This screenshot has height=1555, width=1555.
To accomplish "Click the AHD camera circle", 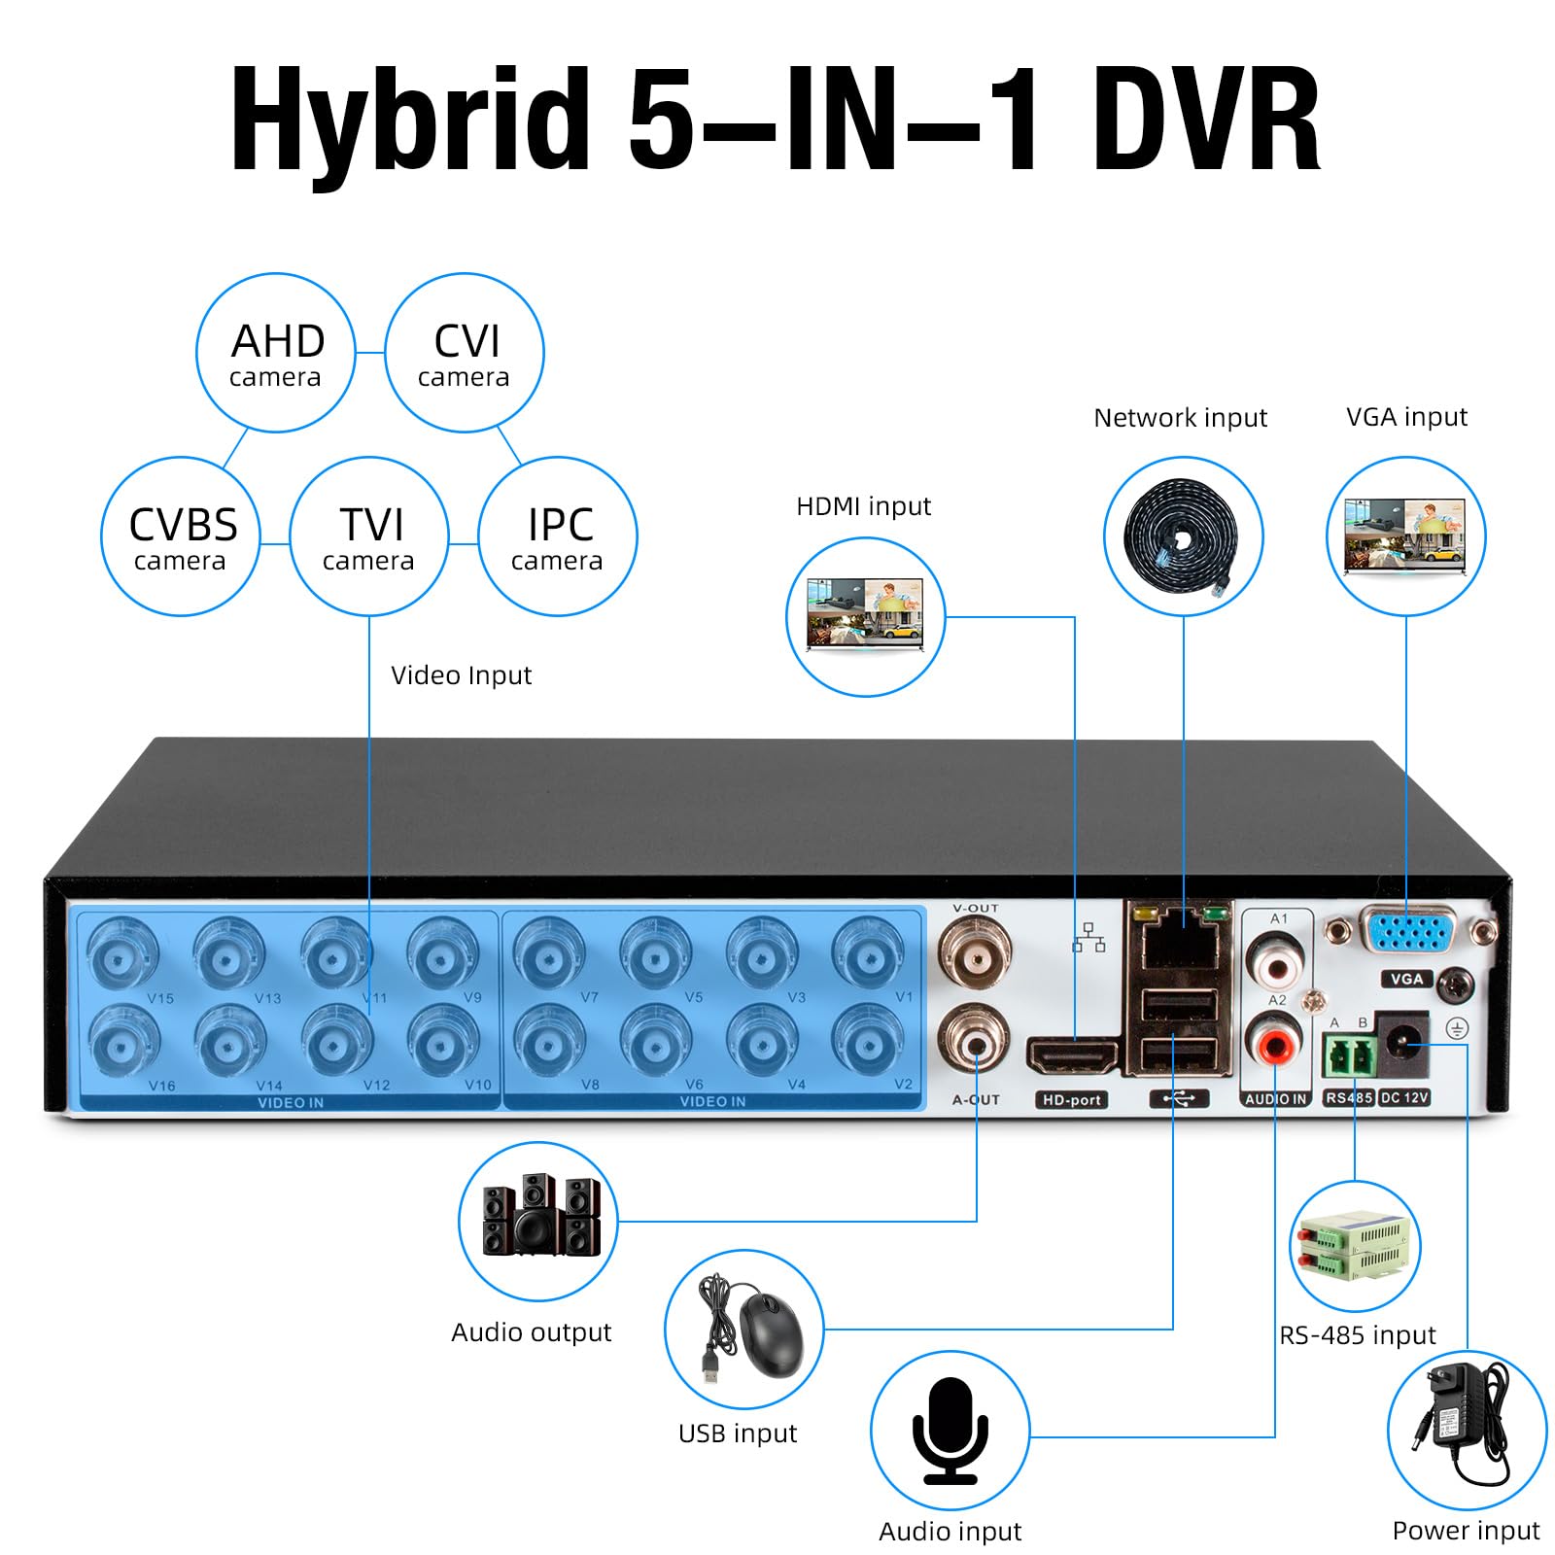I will click(x=276, y=353).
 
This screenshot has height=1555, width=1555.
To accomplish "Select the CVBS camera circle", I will click(x=181, y=536).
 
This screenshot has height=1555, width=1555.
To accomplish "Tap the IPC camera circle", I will click(x=558, y=536).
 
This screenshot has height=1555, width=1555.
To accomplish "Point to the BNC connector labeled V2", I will click(x=868, y=1041).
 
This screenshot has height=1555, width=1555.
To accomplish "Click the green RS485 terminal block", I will click(x=1350, y=1055).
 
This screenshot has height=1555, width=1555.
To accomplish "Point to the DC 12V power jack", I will click(x=1402, y=1046).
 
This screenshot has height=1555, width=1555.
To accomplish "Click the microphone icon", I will click(x=950, y=1431).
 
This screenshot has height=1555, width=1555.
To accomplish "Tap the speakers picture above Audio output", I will click(x=539, y=1217).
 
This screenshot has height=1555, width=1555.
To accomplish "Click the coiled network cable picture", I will click(x=1183, y=536).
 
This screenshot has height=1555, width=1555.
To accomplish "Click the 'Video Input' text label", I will click(x=461, y=675).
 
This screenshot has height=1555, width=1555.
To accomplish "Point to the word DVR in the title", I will click(x=1206, y=121).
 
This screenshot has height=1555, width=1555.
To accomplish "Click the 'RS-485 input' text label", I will click(x=1357, y=1335).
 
